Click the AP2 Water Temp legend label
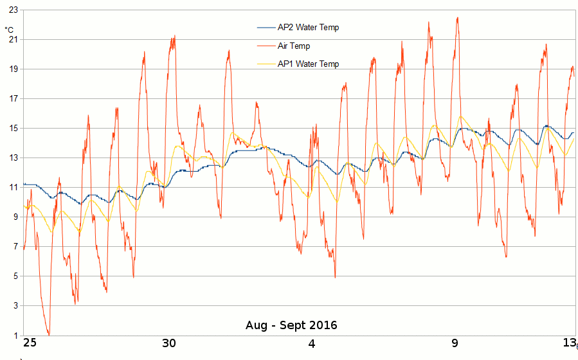coord(308,28)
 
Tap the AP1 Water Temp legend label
coord(308,64)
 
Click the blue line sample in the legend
coord(266,28)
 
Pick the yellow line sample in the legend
coord(266,64)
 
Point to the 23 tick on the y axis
coord(13,10)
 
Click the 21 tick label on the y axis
coord(13,40)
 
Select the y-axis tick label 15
coord(13,129)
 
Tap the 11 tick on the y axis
coord(13,188)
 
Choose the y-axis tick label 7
coord(15,247)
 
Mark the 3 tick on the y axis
coord(15,306)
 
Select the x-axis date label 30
coord(168,343)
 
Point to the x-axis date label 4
coord(312,343)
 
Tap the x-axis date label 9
coord(455,343)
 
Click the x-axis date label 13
coord(570,343)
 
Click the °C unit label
coord(9,30)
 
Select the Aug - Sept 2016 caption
coord(291,325)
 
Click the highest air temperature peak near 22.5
coord(457,18)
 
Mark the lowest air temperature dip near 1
coord(49,334)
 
